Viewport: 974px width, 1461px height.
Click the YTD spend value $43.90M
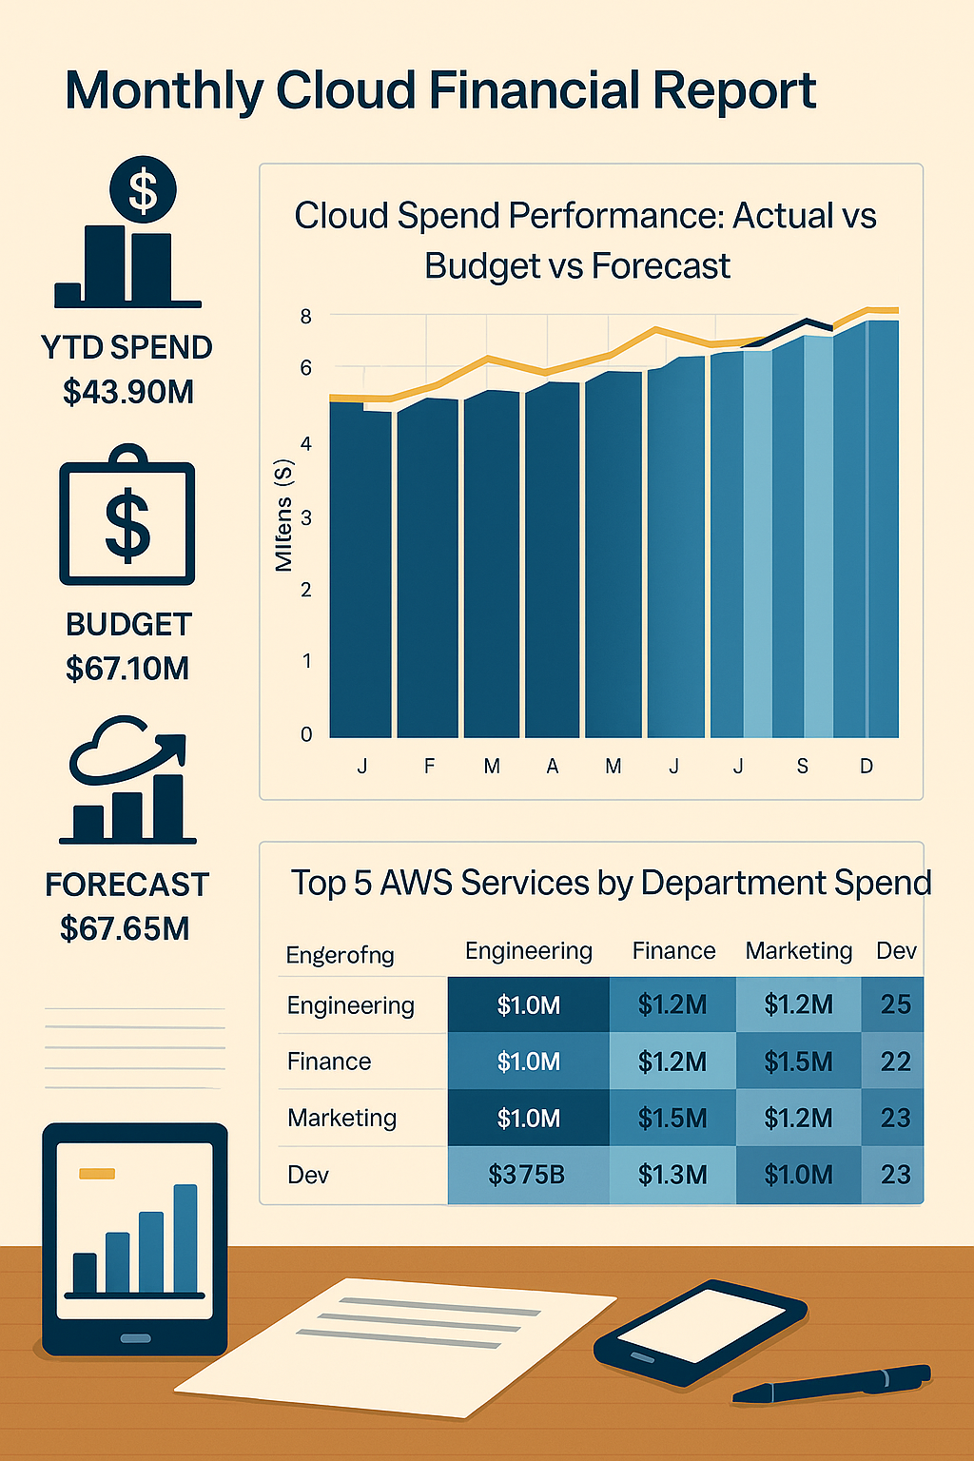pyautogui.click(x=128, y=391)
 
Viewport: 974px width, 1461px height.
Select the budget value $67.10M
pyautogui.click(x=127, y=668)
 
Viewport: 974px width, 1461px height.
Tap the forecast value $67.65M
pyautogui.click(x=125, y=927)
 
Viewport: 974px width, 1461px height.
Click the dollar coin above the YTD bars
pyautogui.click(x=143, y=188)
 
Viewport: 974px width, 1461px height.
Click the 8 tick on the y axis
pyautogui.click(x=306, y=317)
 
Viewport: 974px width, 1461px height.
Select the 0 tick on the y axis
pyautogui.click(x=306, y=734)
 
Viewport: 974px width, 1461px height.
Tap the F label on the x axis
pyautogui.click(x=430, y=766)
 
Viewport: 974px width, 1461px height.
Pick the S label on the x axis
pyautogui.click(x=803, y=766)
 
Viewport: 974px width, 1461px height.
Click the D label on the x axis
pyautogui.click(x=867, y=766)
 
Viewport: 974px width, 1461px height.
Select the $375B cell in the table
pyautogui.click(x=527, y=1175)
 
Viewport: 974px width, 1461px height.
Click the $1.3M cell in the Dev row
pyautogui.click(x=672, y=1175)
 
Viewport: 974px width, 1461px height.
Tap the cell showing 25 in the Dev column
pyautogui.click(x=895, y=1004)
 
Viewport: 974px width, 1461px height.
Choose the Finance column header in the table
pyautogui.click(x=673, y=950)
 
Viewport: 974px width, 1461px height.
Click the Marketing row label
pyautogui.click(x=341, y=1118)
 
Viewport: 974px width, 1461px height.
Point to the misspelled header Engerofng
pyautogui.click(x=340, y=954)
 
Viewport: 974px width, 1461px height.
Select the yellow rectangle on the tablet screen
pyautogui.click(x=97, y=1173)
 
